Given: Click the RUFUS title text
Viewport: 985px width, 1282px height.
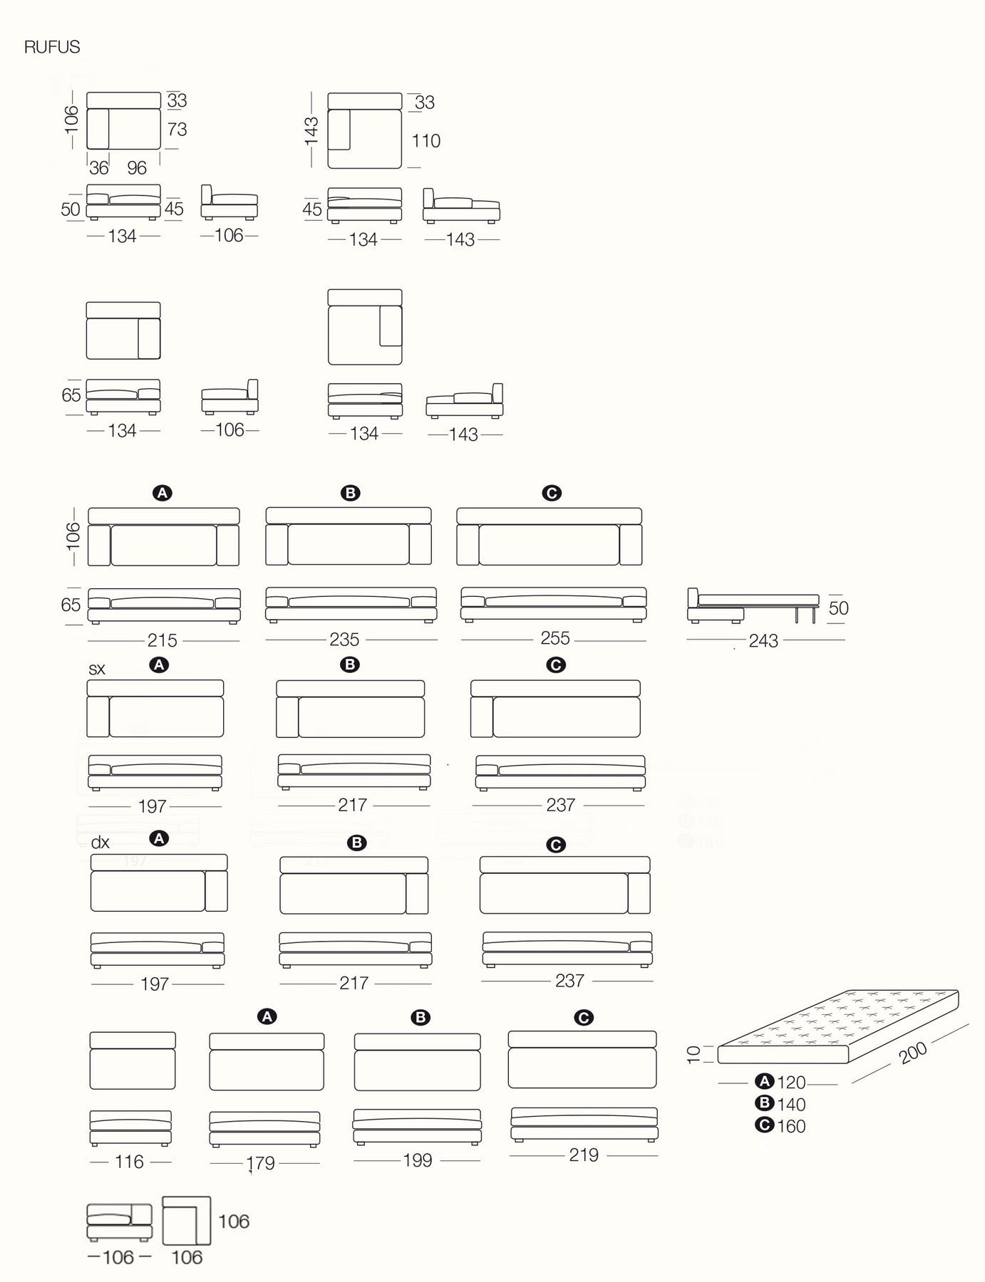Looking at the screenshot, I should (x=52, y=47).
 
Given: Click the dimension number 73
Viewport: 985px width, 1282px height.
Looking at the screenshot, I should (x=177, y=129).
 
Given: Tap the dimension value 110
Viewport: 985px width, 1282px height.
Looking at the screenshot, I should (x=426, y=141).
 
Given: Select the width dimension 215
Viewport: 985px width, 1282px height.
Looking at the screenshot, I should (x=163, y=640).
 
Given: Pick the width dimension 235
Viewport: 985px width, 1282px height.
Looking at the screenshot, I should (x=344, y=640).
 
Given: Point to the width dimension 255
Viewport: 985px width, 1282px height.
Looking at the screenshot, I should (x=555, y=638).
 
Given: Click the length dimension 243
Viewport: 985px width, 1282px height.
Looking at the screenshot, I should (x=763, y=641).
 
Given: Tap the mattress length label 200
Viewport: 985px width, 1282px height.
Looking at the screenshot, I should (x=913, y=1052).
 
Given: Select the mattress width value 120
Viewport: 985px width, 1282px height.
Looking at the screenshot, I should (x=790, y=1083).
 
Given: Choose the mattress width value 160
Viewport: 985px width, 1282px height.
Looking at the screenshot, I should (x=790, y=1127).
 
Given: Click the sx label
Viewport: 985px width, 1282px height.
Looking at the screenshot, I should (x=97, y=669).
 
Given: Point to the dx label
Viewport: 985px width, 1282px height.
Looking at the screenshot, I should (x=100, y=843).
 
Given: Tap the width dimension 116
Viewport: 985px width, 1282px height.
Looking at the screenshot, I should (x=129, y=1162).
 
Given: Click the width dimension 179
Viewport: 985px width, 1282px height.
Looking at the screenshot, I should (x=260, y=1163).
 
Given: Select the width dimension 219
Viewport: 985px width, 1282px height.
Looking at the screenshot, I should (x=583, y=1155).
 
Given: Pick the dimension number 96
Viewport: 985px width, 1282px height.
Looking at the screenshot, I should (x=137, y=168).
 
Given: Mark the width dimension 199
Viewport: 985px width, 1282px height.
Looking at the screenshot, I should (x=417, y=1160).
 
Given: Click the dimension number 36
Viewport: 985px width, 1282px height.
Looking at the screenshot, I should (x=99, y=168).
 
